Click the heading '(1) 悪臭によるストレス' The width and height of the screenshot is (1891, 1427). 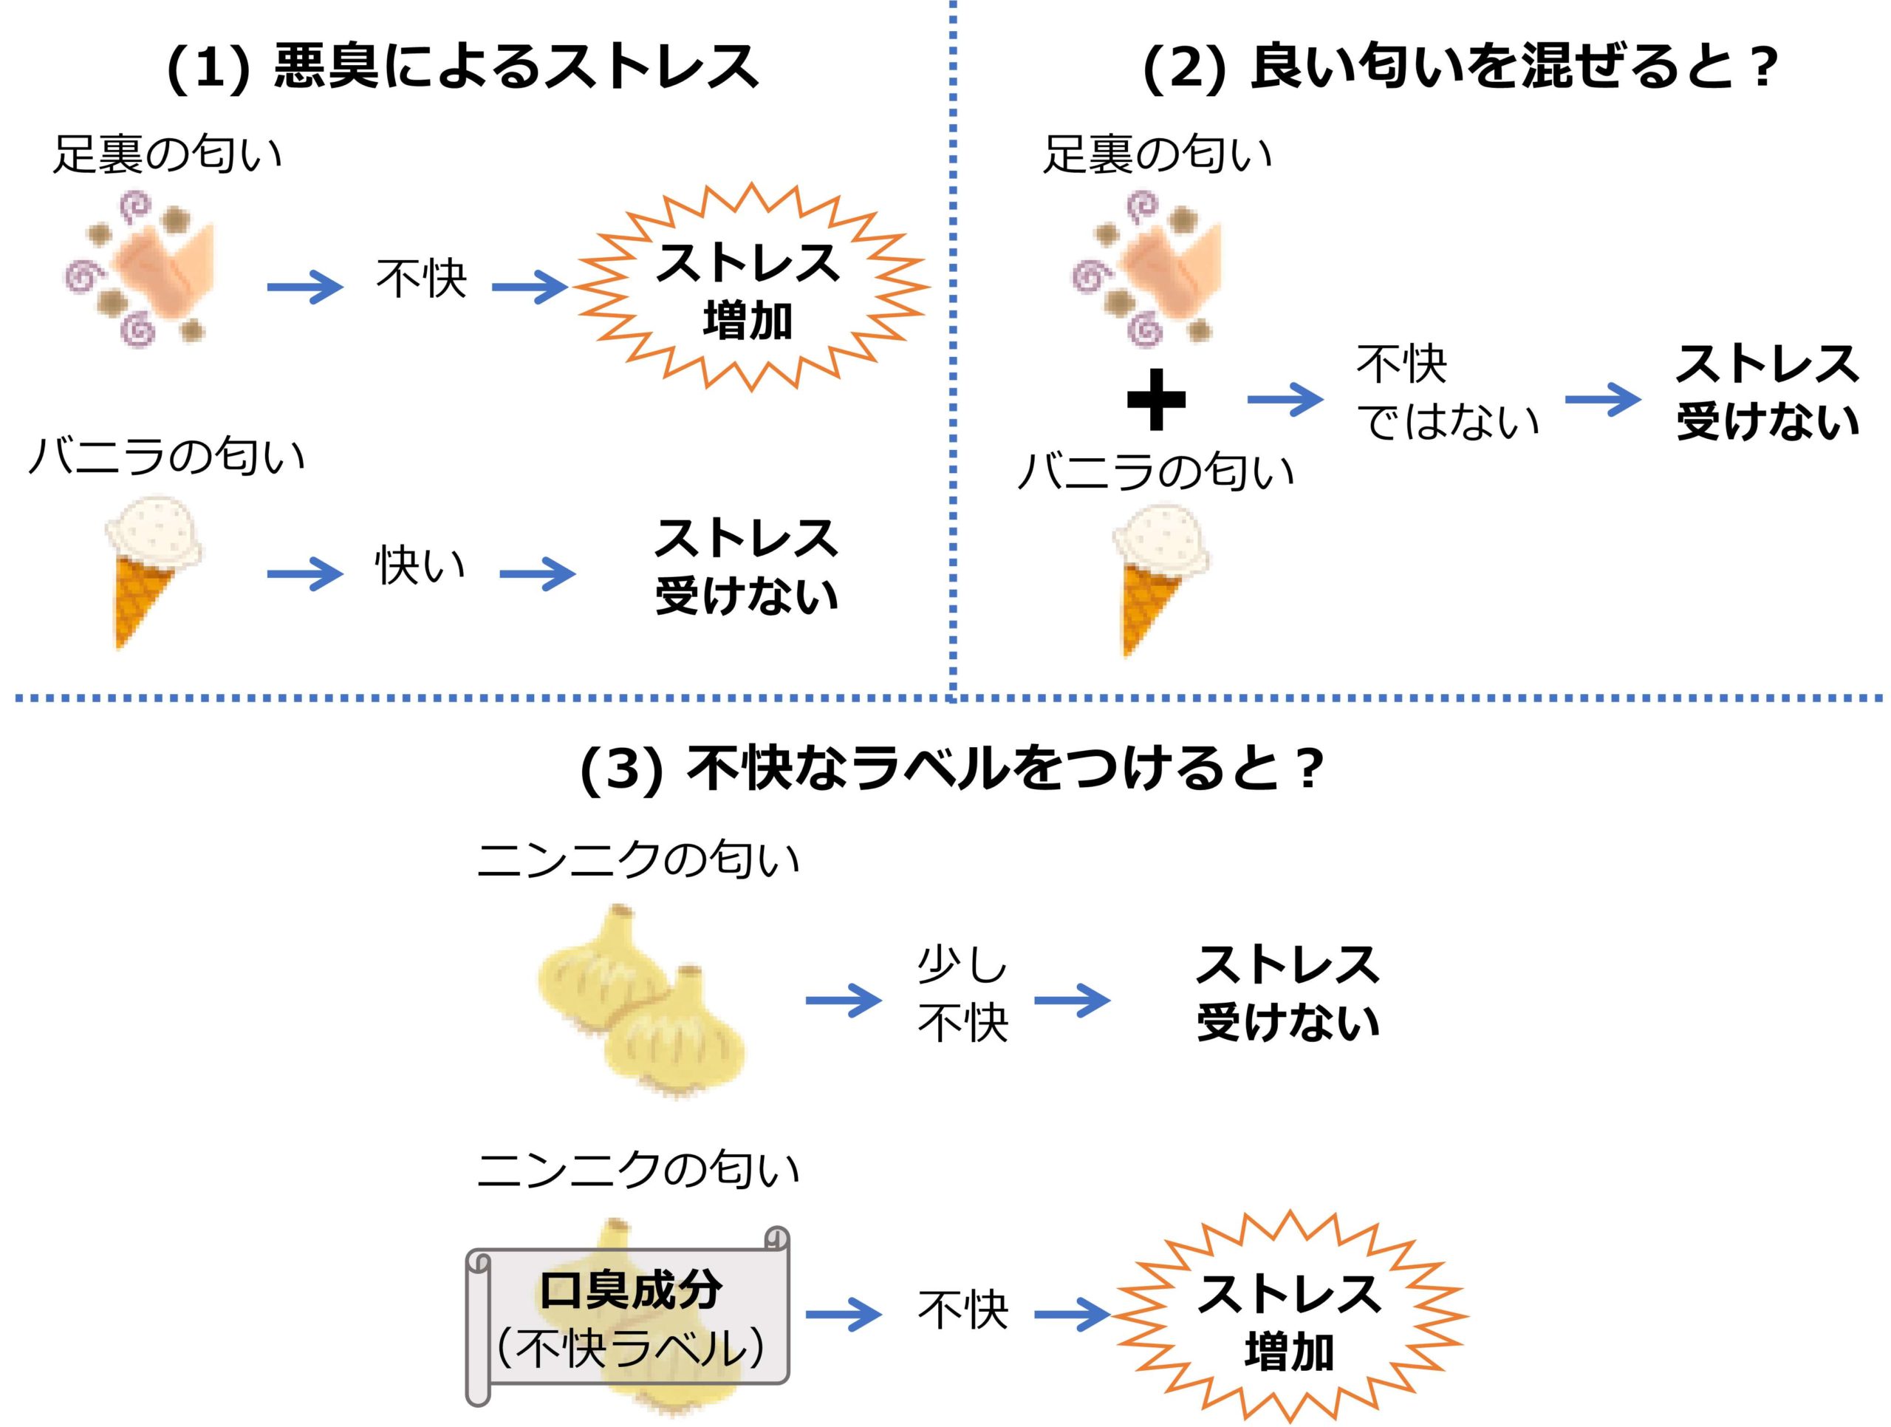point(462,67)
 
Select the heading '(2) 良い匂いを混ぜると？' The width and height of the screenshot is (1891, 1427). point(1460,67)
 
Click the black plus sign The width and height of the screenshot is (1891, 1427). point(1156,399)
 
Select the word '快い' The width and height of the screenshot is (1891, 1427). point(420,565)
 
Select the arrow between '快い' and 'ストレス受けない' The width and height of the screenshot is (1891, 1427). point(537,573)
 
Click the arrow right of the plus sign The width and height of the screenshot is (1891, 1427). point(1284,399)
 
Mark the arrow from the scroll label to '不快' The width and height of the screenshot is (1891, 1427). point(842,1314)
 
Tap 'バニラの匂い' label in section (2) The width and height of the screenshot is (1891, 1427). point(1156,471)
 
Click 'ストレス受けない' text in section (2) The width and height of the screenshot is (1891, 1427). point(1766,393)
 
